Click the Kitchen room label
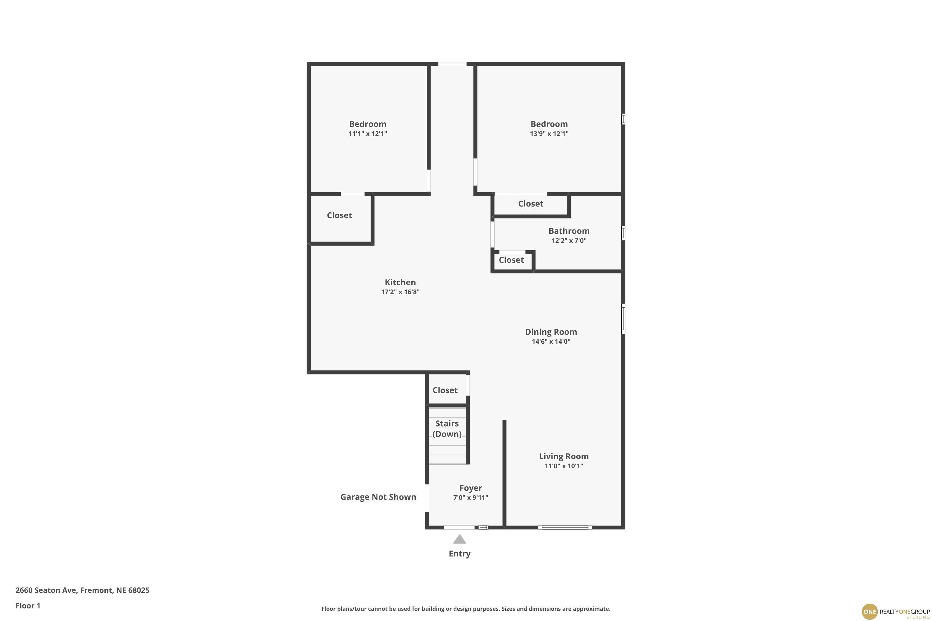400,282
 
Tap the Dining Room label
551,332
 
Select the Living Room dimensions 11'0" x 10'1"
564,466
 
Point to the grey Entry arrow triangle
460,539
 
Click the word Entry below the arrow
460,554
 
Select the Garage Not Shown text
378,497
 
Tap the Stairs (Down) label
447,428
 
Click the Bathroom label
569,231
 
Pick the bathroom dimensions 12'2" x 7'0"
569,240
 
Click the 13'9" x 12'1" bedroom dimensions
549,134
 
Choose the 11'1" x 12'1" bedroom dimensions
368,134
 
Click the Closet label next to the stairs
445,390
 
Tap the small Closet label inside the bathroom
511,260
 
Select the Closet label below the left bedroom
339,215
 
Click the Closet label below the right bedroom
531,204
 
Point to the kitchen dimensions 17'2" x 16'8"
400,292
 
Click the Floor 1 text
28,605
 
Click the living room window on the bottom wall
565,527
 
